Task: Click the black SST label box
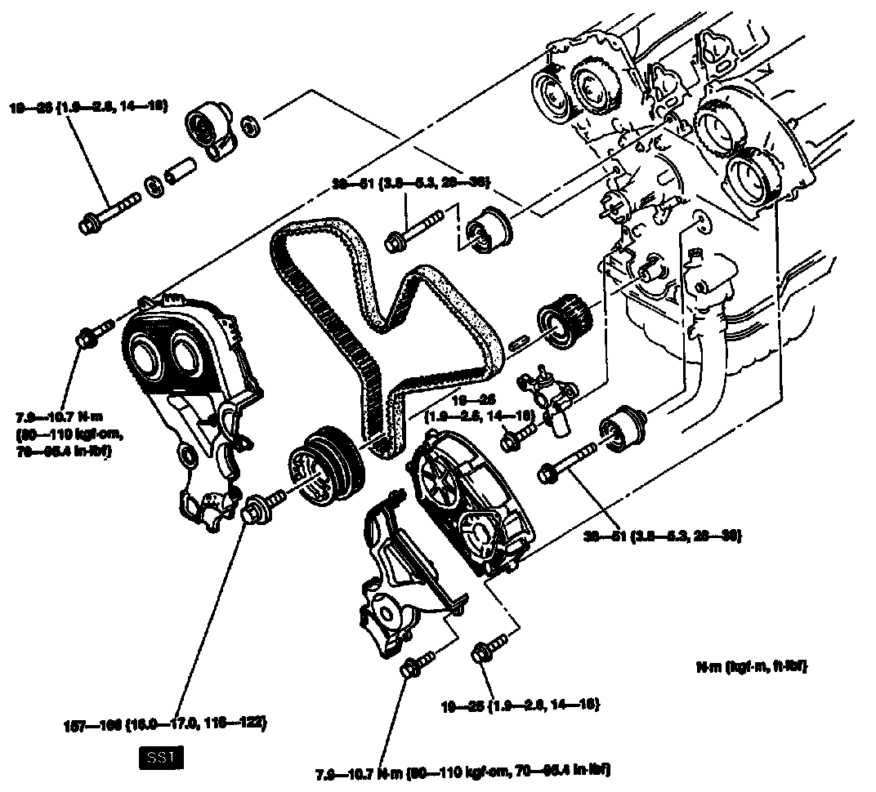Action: click(x=160, y=759)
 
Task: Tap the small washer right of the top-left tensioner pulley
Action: click(x=253, y=123)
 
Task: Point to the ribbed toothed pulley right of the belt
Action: click(x=562, y=320)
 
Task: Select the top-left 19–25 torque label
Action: click(x=89, y=106)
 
